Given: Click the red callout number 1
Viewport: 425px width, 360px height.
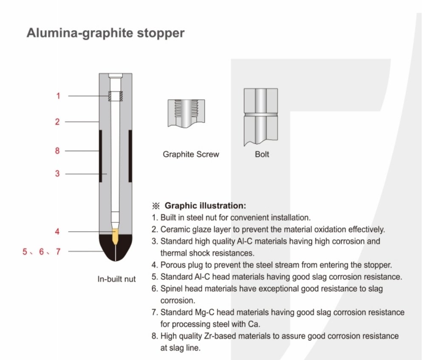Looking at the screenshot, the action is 58,96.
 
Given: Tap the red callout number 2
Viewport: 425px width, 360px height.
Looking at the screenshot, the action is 57,122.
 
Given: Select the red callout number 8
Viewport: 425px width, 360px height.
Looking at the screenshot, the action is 57,151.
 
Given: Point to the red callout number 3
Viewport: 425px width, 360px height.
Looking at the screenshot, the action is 57,173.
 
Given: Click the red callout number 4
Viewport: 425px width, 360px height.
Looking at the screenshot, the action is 57,232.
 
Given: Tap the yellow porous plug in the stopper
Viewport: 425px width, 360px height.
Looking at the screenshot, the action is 116,236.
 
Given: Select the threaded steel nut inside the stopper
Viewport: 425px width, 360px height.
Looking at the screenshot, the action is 116,96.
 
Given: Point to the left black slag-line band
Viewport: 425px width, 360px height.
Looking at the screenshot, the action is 101,156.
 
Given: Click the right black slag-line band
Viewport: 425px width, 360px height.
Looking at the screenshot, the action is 130,156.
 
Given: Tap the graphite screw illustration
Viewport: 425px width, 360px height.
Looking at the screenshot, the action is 186,113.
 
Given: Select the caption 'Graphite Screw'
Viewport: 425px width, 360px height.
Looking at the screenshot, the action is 191,154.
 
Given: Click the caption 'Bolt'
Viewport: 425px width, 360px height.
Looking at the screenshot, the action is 262,154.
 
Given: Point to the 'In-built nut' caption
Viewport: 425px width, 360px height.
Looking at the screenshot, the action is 116,279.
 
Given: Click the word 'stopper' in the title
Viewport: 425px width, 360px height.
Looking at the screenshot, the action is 161,33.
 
